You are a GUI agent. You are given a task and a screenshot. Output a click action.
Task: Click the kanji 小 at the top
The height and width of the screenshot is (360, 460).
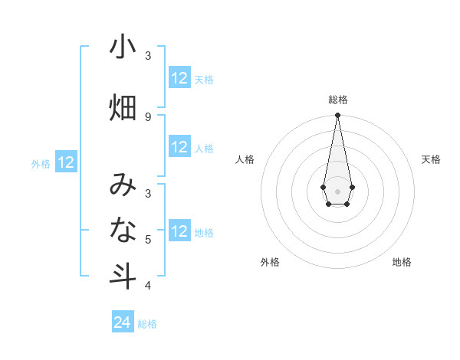pyautogui.click(x=123, y=47)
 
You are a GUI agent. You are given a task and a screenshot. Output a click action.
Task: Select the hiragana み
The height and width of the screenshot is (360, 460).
pyautogui.click(x=123, y=184)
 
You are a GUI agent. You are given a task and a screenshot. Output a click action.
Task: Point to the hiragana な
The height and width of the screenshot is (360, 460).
pyautogui.click(x=123, y=230)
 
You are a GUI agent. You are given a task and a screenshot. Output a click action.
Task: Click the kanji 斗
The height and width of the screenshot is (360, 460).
pyautogui.click(x=123, y=276)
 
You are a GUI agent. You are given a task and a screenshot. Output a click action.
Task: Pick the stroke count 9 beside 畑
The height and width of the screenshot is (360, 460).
pyautogui.click(x=148, y=116)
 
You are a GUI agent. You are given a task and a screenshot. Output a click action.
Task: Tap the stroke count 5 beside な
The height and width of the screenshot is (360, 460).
pyautogui.click(x=148, y=240)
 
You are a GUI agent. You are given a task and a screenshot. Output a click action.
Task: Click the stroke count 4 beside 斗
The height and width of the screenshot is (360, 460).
pyautogui.click(x=148, y=286)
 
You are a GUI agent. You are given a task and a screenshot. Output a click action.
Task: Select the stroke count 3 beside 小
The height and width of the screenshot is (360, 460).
pyautogui.click(x=148, y=56)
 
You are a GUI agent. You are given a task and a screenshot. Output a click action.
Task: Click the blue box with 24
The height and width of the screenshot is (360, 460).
pyautogui.click(x=123, y=322)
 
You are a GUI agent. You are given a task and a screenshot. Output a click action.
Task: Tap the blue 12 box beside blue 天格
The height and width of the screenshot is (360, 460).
pyautogui.click(x=179, y=78)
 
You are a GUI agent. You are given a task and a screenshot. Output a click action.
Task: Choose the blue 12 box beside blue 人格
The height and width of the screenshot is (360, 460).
pyautogui.click(x=179, y=147)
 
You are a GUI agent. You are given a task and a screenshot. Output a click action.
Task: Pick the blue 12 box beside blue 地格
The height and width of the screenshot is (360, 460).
pyautogui.click(x=179, y=231)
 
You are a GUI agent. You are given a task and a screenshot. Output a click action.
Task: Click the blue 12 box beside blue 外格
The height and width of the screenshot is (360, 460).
pyautogui.click(x=66, y=162)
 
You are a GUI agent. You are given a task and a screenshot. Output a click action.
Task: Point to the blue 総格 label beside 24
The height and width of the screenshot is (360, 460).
pyautogui.click(x=147, y=324)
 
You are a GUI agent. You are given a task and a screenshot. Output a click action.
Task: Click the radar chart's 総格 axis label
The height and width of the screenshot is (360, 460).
pyautogui.click(x=338, y=100)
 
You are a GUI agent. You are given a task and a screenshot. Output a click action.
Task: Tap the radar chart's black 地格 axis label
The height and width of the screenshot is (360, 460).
pyautogui.click(x=402, y=262)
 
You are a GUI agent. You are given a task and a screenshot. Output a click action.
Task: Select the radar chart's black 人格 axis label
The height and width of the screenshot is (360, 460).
pyautogui.click(x=245, y=159)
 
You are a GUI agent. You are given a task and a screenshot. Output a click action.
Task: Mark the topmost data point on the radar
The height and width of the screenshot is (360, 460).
pyautogui.click(x=337, y=116)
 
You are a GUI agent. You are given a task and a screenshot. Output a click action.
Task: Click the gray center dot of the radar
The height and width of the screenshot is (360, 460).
pyautogui.click(x=337, y=190)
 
